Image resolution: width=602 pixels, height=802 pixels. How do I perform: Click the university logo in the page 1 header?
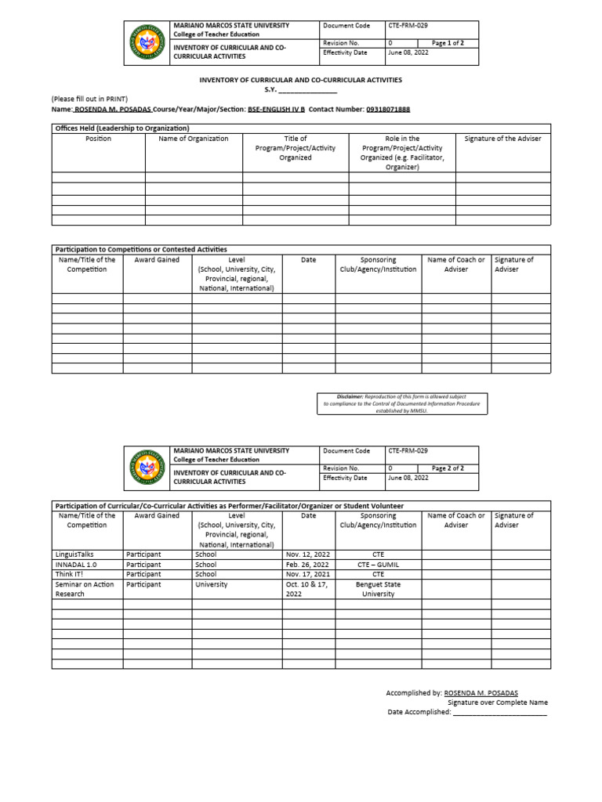(147, 44)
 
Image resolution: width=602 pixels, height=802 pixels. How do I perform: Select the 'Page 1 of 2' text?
(448, 43)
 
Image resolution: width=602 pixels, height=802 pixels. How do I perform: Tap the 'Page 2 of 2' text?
(448, 468)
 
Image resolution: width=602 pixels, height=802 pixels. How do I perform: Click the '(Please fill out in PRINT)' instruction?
(89, 99)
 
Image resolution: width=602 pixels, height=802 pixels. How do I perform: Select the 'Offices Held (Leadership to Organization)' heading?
(122, 128)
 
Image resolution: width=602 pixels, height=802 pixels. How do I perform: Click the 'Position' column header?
(98, 139)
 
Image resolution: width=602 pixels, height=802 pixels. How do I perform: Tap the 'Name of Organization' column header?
(194, 139)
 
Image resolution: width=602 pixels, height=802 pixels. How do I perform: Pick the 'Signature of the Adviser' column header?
(502, 139)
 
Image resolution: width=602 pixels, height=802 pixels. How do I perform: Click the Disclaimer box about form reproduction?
(402, 403)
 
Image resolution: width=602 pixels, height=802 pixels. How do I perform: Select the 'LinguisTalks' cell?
(74, 554)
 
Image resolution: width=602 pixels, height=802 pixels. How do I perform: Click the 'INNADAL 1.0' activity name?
(75, 564)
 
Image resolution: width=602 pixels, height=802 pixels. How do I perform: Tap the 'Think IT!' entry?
(69, 574)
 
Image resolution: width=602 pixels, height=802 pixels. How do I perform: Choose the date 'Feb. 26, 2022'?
(307, 564)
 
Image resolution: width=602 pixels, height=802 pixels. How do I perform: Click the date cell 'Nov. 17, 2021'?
(307, 574)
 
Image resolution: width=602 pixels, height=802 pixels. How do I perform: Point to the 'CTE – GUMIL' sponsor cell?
(378, 564)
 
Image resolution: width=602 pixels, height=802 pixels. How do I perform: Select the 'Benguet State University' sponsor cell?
(378, 589)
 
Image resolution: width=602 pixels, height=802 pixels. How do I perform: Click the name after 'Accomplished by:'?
(481, 693)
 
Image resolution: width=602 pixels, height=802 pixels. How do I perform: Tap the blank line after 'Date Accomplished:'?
(499, 712)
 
